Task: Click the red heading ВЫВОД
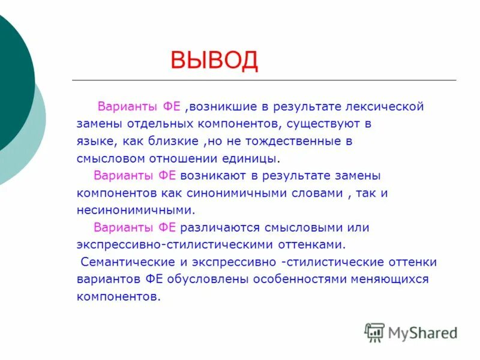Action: click(214, 61)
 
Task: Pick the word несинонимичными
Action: click(136, 211)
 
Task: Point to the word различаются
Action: click(218, 228)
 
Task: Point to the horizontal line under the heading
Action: click(264, 80)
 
